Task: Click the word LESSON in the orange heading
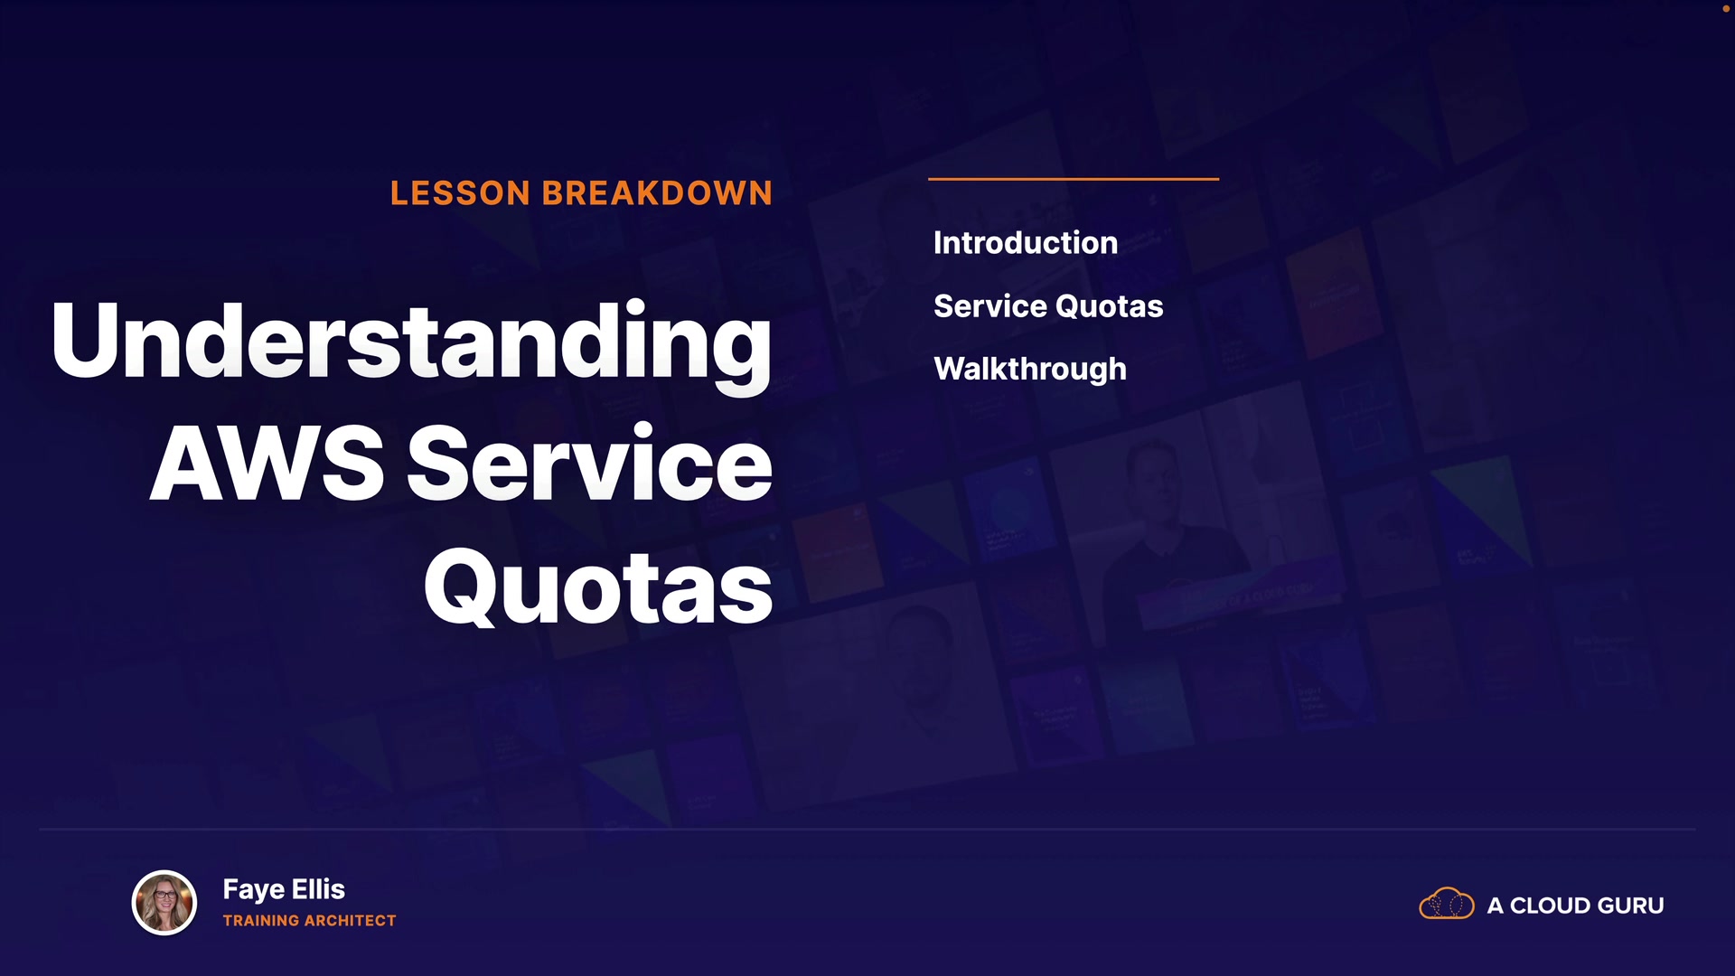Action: click(x=460, y=193)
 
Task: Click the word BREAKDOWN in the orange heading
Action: click(x=657, y=193)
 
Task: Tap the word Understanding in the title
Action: click(x=412, y=343)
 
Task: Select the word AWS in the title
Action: click(x=267, y=464)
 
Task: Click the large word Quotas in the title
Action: click(x=598, y=587)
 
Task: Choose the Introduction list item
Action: click(x=1026, y=243)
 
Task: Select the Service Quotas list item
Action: click(x=1048, y=306)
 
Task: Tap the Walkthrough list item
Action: click(x=1030, y=370)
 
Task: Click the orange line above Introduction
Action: click(x=1074, y=179)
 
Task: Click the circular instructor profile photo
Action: click(x=164, y=903)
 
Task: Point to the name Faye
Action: click(x=254, y=890)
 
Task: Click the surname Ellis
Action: click(x=318, y=889)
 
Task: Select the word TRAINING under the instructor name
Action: click(x=261, y=921)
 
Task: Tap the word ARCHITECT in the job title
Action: click(x=351, y=921)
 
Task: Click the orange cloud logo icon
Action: click(x=1447, y=904)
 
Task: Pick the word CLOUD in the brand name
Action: click(x=1552, y=906)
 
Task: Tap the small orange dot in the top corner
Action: click(x=1725, y=8)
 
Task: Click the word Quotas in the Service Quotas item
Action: click(x=1110, y=306)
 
